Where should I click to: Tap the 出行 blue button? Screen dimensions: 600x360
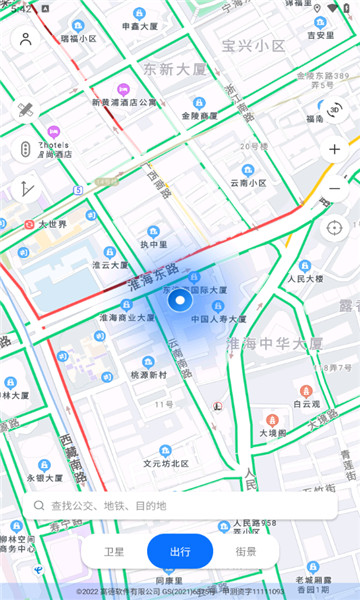pos(180,551)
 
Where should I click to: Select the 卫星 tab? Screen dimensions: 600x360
pos(116,551)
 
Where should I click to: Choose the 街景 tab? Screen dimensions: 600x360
pos(244,551)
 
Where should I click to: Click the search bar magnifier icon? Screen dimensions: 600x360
pos(39,505)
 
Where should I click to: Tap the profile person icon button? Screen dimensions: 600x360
pos(26,39)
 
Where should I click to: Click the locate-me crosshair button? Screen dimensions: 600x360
pos(334,227)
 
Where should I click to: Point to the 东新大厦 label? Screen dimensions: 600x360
pos(174,69)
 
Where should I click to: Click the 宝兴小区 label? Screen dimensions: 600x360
pos(254,45)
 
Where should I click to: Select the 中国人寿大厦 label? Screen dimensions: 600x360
pos(218,319)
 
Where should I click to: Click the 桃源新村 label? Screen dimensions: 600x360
pos(148,374)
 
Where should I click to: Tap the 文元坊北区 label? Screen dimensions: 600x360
pos(165,463)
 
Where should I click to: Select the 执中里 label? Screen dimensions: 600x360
pos(154,243)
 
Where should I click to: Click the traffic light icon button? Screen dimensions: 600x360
pos(26,149)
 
